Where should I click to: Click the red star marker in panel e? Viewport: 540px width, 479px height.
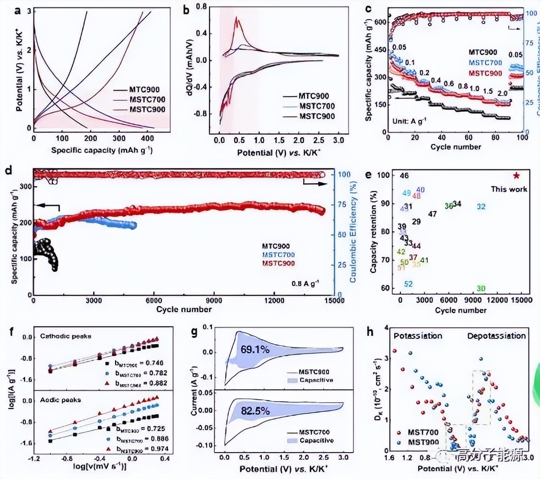[x=516, y=176]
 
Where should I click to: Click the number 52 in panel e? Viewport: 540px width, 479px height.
[x=409, y=284]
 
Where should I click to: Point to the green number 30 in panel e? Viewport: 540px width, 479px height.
[x=481, y=288]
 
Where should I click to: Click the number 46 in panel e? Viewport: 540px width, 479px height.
[x=404, y=176]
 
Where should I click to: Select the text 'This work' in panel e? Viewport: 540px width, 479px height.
[x=508, y=189]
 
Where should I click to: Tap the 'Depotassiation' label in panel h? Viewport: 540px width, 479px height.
[x=496, y=336]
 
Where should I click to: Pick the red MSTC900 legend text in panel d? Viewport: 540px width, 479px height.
[x=278, y=263]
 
